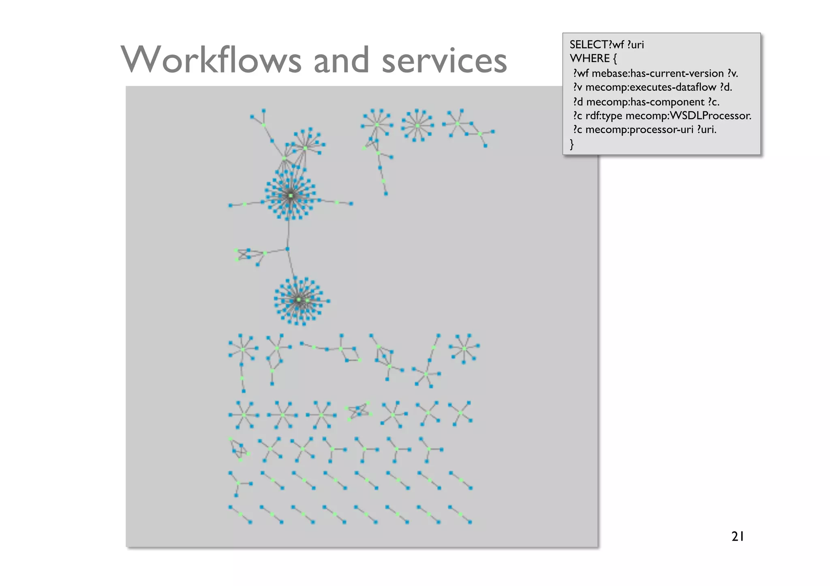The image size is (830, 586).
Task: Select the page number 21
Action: (x=738, y=536)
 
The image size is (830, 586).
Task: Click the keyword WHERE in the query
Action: (x=590, y=58)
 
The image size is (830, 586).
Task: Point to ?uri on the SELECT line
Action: (x=635, y=45)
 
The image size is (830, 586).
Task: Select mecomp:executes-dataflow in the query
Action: (x=651, y=87)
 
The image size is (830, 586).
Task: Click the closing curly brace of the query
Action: (x=572, y=144)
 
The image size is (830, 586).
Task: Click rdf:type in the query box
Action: (x=603, y=116)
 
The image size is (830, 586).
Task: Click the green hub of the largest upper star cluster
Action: (x=291, y=196)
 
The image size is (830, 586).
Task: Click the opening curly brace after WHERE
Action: (x=615, y=58)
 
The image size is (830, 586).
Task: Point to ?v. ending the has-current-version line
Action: (x=732, y=73)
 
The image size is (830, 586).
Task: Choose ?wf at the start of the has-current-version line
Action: (x=581, y=73)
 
